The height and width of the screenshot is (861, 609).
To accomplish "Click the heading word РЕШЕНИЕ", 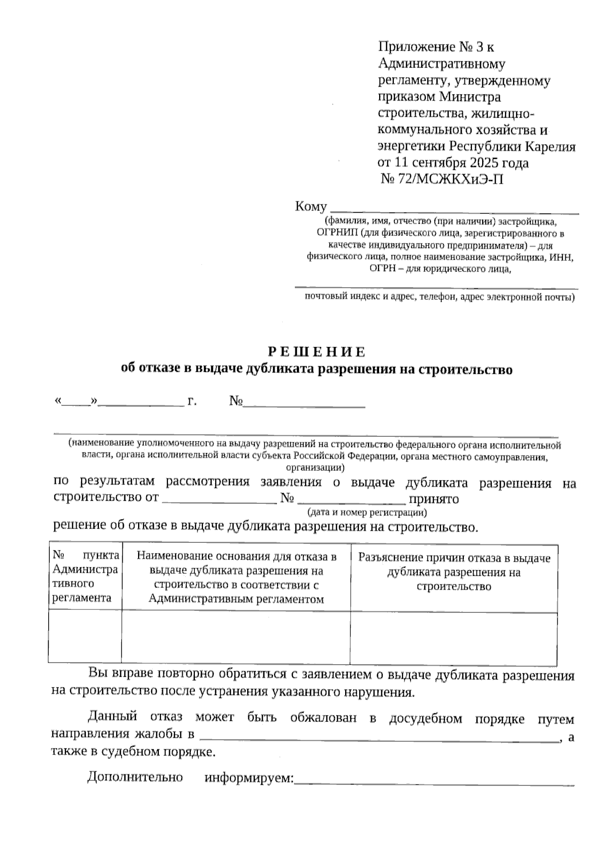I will [x=316, y=352].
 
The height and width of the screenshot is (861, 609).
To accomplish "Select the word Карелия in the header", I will [x=550, y=147].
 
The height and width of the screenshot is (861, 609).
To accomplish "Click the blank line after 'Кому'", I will [x=454, y=208].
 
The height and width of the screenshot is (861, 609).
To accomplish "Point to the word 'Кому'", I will [x=311, y=207].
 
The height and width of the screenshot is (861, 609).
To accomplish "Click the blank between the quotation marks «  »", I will [x=76, y=402].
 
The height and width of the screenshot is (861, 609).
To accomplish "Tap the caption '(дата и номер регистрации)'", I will [x=367, y=512].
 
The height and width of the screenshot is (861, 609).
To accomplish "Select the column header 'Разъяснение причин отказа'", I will [x=454, y=572].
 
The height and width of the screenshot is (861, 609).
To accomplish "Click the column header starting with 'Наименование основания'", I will [x=236, y=578].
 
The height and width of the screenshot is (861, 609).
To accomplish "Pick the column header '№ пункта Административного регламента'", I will [x=85, y=576].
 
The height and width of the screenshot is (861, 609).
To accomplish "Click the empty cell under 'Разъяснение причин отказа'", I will [x=454, y=637].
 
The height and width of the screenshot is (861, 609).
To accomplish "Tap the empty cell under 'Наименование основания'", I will [x=236, y=637].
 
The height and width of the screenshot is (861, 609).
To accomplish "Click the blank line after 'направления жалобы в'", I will [x=381, y=737].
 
